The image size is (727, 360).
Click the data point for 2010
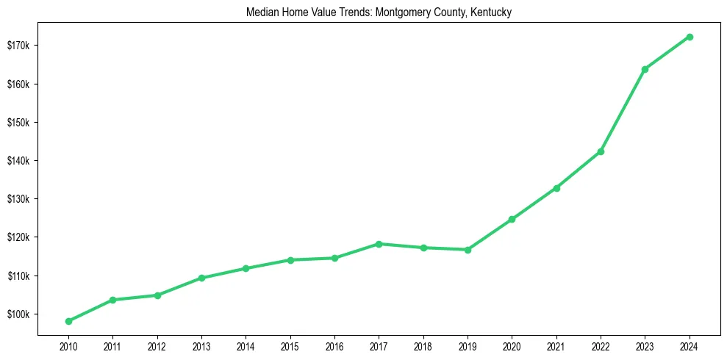68,321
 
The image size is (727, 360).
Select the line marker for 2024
690,37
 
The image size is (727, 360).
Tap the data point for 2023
645,69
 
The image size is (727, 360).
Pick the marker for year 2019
468,250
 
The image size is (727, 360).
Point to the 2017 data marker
379,244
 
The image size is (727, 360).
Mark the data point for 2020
512,219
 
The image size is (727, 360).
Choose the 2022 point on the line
601,151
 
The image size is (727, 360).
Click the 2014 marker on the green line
246,268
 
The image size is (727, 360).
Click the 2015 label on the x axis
290,345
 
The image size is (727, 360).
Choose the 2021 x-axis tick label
556,345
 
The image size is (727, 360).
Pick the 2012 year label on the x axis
157,345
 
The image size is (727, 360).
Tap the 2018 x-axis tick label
423,345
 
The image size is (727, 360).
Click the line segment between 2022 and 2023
623,110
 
